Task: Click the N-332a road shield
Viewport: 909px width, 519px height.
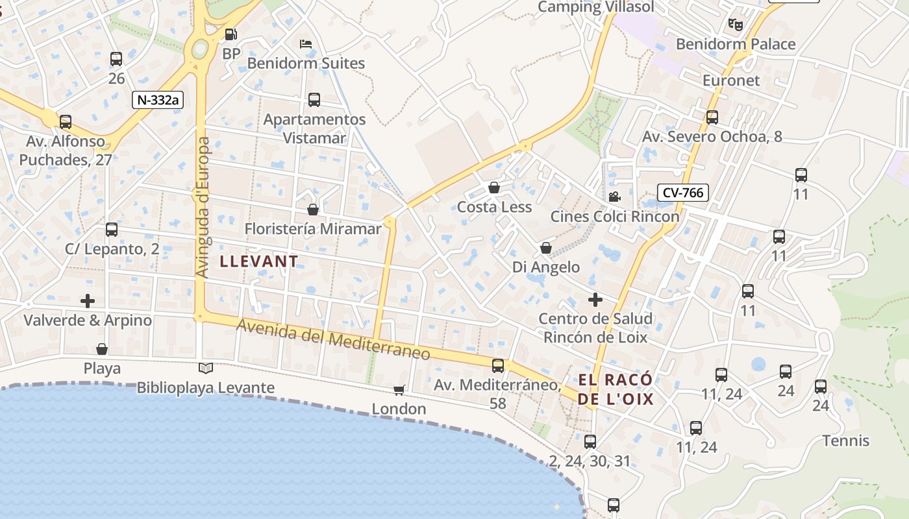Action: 158,100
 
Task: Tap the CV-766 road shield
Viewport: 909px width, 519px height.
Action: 682,192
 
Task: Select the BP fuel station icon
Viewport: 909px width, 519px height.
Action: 231,34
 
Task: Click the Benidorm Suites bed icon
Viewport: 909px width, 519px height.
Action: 306,44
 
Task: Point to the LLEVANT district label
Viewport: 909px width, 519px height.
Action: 260,261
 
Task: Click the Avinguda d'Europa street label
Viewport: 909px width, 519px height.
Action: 203,208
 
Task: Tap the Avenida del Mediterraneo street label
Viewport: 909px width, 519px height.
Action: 333,339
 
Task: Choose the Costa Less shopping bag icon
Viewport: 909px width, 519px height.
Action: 494,188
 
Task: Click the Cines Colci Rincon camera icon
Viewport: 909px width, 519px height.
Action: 614,197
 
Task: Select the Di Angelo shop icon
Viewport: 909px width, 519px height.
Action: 546,248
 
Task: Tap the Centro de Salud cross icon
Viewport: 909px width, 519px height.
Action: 595,299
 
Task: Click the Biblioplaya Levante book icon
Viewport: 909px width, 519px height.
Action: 206,368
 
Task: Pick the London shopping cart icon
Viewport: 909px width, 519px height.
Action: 399,389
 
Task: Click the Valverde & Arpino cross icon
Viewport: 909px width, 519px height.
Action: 88,301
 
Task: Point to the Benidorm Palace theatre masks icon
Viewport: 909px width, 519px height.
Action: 735,25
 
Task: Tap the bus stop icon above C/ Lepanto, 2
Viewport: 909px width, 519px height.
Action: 112,230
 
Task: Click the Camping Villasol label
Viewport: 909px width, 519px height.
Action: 596,7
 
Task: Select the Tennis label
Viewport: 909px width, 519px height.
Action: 845,441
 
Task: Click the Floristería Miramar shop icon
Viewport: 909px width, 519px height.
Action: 313,210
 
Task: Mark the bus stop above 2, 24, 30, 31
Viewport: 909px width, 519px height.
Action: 590,442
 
